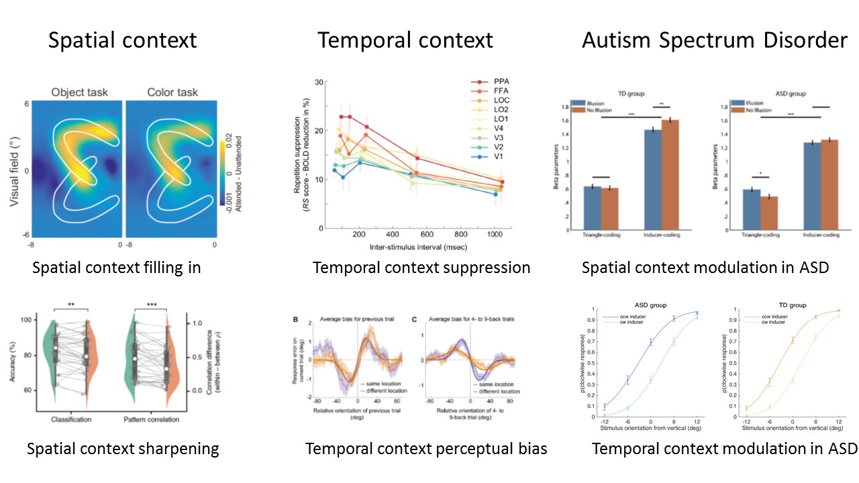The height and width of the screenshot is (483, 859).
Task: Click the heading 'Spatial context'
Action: (x=122, y=40)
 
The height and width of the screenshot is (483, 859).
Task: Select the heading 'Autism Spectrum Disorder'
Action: (x=715, y=40)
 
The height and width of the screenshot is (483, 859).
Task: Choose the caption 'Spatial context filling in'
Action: (x=117, y=268)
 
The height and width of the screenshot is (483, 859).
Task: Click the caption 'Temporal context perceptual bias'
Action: (x=426, y=449)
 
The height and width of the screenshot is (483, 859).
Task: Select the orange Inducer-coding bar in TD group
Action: (x=675, y=174)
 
